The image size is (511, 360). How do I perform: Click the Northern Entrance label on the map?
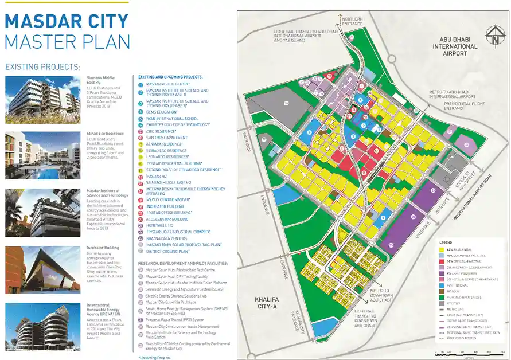tap(352, 21)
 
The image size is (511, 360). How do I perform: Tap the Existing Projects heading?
tap(42, 67)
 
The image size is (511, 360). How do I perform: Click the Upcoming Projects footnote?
tap(154, 358)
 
